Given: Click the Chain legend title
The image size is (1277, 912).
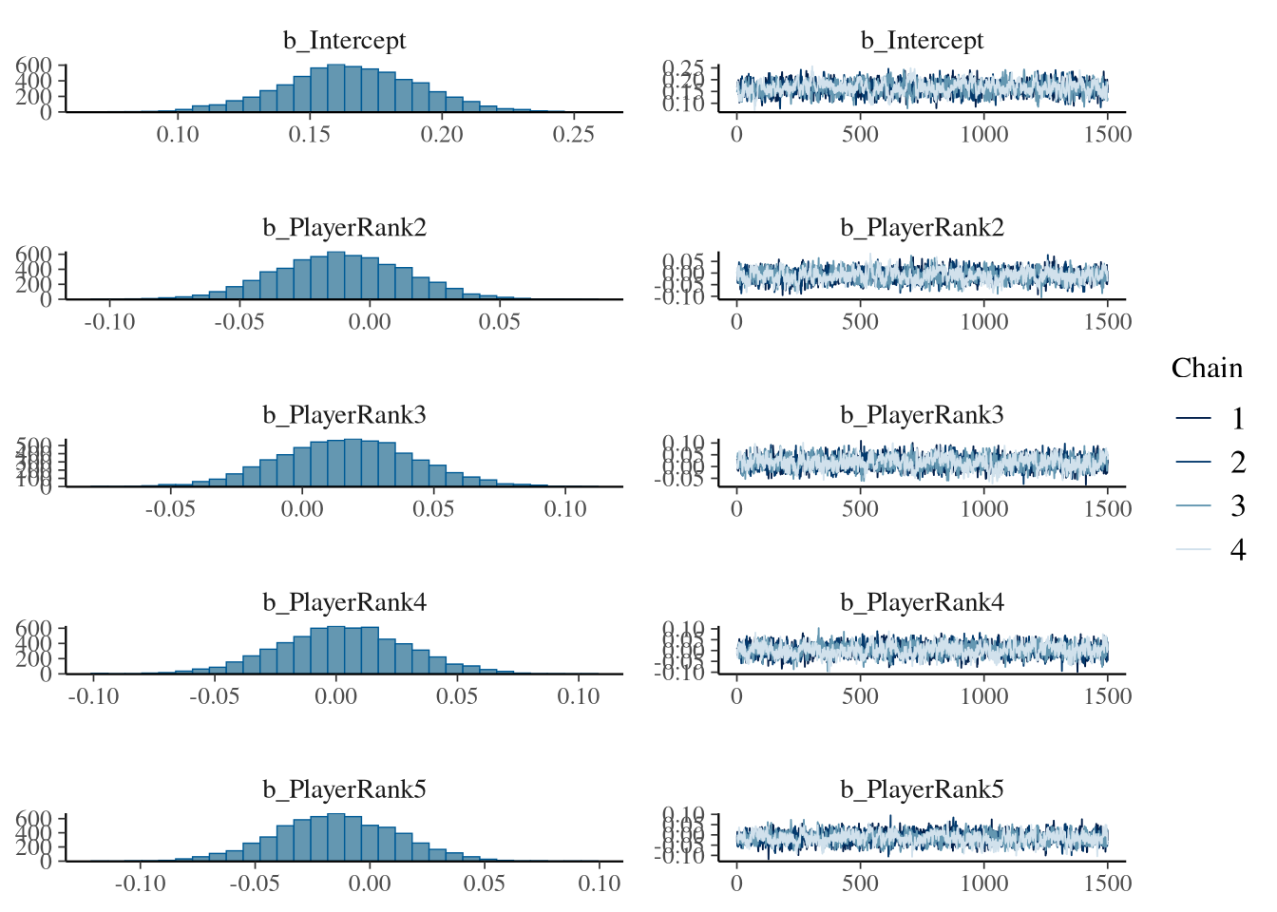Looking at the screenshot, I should click(1207, 369).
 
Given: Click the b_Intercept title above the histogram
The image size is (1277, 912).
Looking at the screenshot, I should click(344, 41).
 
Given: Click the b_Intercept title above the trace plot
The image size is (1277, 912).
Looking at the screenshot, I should click(922, 41).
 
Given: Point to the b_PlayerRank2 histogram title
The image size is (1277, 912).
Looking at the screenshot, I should click(344, 228).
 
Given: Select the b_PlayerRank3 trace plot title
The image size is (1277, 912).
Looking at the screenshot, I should click(922, 415).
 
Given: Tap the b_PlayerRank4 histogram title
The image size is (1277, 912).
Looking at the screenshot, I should click(344, 602).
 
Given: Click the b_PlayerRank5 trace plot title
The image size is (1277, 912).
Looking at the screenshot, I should click(922, 789).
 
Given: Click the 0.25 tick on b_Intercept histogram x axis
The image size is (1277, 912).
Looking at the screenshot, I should click(574, 135).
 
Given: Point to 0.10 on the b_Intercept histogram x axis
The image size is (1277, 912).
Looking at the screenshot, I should click(178, 135).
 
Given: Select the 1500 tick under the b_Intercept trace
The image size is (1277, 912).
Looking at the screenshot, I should click(1108, 135).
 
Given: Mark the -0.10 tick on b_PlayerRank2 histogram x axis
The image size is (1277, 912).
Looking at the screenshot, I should click(109, 322).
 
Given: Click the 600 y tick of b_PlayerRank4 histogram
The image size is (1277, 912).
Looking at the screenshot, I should click(33, 629).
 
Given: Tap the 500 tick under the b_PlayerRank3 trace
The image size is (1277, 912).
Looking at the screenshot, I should click(860, 509).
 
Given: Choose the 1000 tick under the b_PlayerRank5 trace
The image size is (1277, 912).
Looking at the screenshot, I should click(984, 883).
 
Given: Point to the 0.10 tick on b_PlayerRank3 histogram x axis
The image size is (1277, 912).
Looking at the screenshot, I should click(565, 509).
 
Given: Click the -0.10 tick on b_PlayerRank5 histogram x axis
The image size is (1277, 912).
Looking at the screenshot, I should click(140, 883).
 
